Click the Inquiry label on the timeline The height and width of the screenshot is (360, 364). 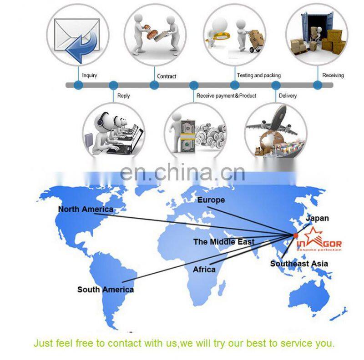(89, 75)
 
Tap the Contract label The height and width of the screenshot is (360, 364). (167, 76)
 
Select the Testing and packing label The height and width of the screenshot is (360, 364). (258, 75)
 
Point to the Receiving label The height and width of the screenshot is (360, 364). (333, 75)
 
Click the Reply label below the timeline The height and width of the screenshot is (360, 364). (123, 96)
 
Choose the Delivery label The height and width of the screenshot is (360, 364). (288, 96)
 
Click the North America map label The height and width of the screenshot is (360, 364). (86, 210)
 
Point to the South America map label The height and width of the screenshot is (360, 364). (106, 290)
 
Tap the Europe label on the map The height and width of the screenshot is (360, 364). (211, 200)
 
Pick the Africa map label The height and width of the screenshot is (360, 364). (204, 270)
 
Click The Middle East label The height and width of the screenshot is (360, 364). (224, 242)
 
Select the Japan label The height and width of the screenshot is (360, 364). (317, 219)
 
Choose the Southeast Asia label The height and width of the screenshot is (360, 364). (299, 264)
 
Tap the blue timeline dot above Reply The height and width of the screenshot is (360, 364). (113, 85)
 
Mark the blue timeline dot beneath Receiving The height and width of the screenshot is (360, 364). (318, 85)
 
